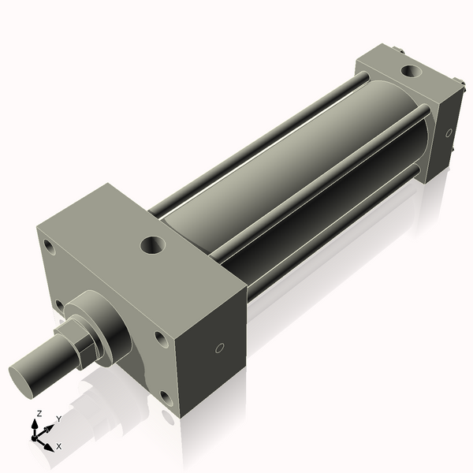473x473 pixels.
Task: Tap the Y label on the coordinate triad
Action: (59, 419)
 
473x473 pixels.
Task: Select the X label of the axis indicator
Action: (58, 446)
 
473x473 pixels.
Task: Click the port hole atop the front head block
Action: (153, 244)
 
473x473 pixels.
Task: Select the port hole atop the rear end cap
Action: (411, 72)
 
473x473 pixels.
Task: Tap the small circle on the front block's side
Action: (220, 348)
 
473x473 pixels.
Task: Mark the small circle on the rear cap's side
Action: (449, 133)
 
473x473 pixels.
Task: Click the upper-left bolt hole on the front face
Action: (50, 248)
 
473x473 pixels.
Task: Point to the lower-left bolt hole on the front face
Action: (59, 304)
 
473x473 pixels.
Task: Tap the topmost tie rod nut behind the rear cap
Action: (400, 52)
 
